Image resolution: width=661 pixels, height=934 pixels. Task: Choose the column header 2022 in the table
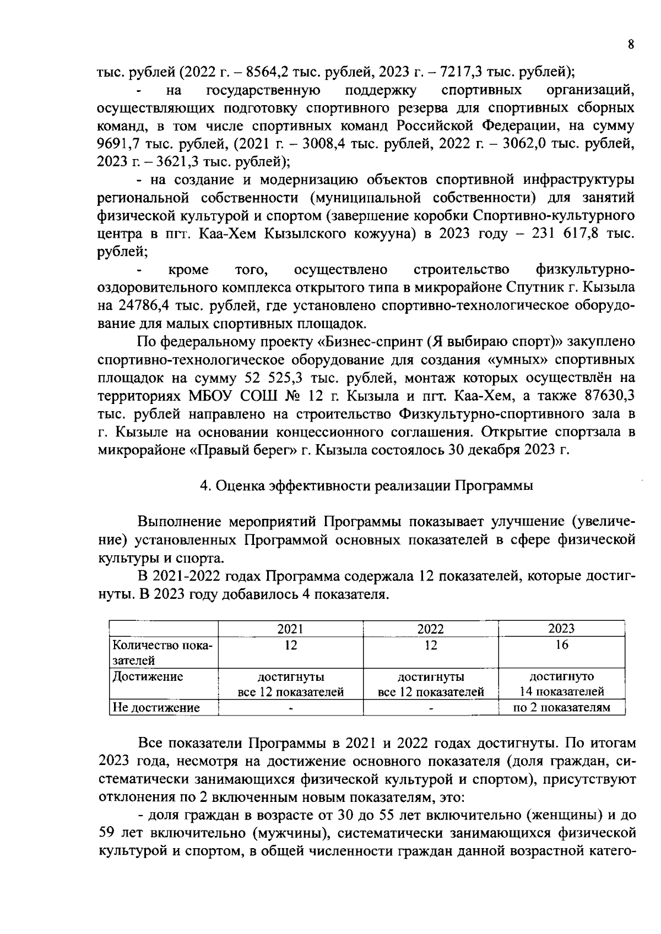click(430, 629)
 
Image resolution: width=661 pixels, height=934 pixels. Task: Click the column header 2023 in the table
click(561, 629)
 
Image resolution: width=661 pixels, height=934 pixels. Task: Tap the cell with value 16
click(561, 644)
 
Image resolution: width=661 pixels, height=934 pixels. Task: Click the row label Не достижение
click(156, 708)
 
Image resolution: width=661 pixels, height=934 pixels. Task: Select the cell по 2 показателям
click(561, 708)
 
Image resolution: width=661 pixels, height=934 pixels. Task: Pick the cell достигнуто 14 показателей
click(561, 684)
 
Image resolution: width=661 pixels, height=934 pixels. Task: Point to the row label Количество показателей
click(162, 652)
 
